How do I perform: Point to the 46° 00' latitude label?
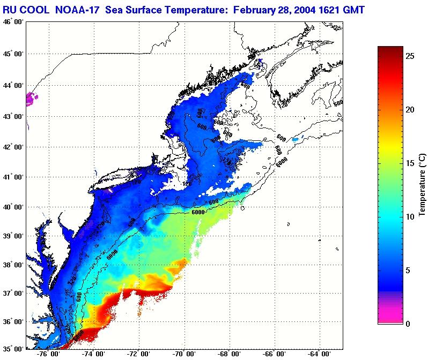(12, 22)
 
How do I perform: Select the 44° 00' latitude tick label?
(12, 86)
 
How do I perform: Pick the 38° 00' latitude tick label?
(12, 265)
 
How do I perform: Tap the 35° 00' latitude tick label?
(12, 349)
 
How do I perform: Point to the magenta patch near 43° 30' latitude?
(32, 99)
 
